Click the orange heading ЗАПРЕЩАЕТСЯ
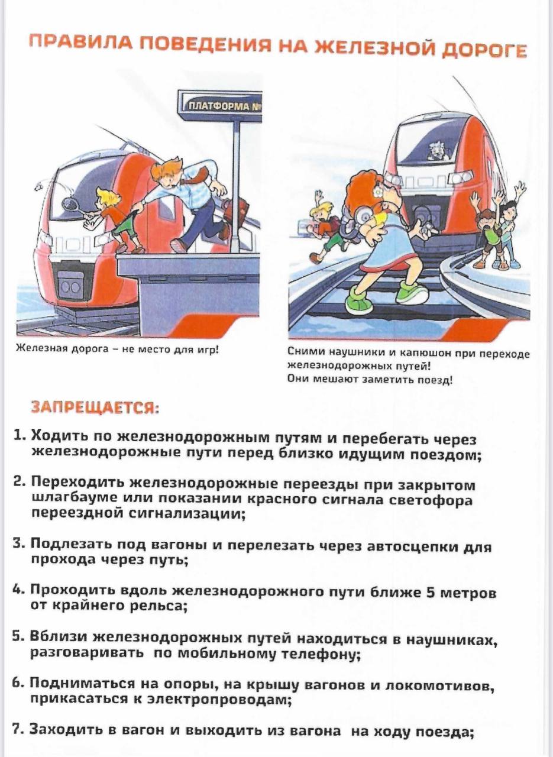(94, 407)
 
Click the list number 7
(18, 729)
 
